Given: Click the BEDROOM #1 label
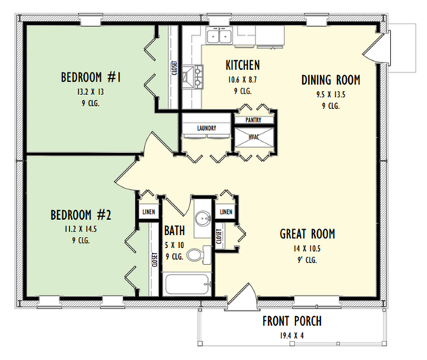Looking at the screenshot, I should pyautogui.click(x=92, y=76).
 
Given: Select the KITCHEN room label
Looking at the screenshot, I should pyautogui.click(x=242, y=65).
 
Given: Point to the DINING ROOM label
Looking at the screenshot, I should pyautogui.click(x=331, y=79).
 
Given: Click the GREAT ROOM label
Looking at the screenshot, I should pyautogui.click(x=307, y=234).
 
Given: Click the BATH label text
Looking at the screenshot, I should pyautogui.click(x=175, y=230).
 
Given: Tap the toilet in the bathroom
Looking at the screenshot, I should pyautogui.click(x=195, y=255).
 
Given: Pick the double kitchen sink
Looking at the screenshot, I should pyautogui.click(x=221, y=35).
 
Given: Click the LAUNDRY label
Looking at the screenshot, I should pyautogui.click(x=206, y=128).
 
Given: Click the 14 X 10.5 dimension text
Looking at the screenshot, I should pyautogui.click(x=307, y=248).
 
